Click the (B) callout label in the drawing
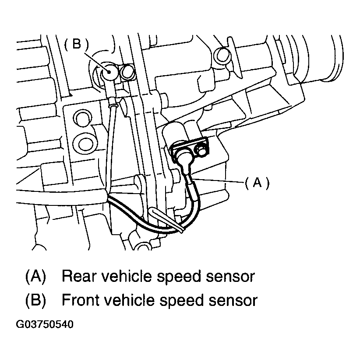pyautogui.click(x=76, y=45)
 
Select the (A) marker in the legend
pyautogui.click(x=36, y=277)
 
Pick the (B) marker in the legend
pyautogui.click(x=36, y=301)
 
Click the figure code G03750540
pyautogui.click(x=45, y=325)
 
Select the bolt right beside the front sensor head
pyautogui.click(x=127, y=72)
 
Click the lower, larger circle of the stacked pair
pyautogui.click(x=83, y=142)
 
